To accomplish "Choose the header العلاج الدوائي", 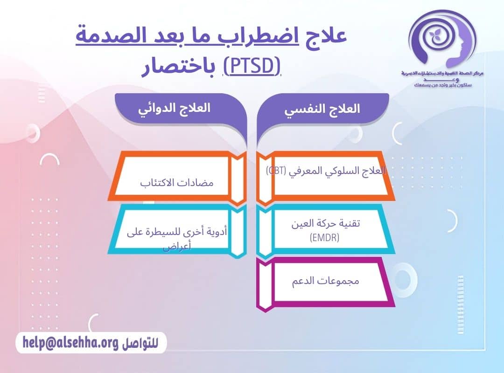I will click(x=174, y=108).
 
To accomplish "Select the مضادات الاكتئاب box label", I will click(x=177, y=182).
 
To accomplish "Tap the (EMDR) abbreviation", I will click(x=324, y=238).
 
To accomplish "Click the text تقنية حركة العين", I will click(x=325, y=223).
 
